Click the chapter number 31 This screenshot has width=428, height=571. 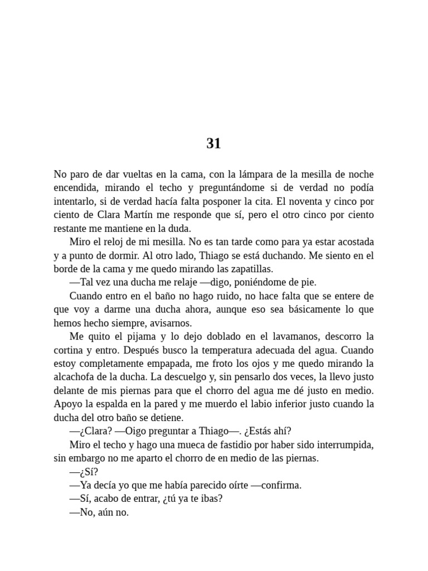(x=213, y=144)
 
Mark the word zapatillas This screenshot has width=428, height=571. (x=250, y=269)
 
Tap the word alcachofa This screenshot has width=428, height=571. (x=75, y=377)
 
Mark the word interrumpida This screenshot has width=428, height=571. (x=341, y=445)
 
